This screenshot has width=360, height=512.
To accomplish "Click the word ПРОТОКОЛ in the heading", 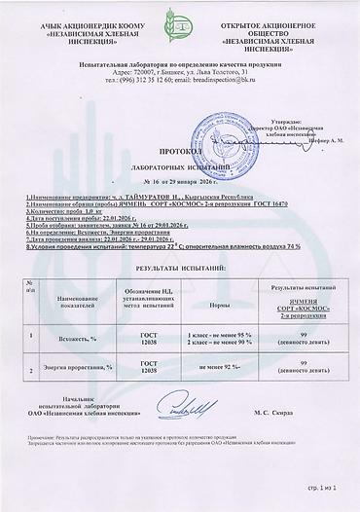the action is tap(179, 153).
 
